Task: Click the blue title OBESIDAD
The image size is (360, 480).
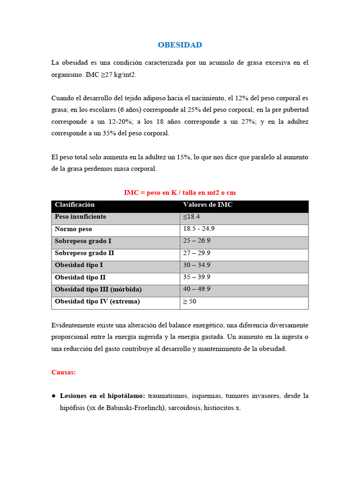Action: [180, 45]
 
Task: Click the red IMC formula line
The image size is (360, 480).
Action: [180, 193]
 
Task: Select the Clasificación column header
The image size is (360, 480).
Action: [75, 205]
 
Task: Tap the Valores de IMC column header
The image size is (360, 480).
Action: [208, 205]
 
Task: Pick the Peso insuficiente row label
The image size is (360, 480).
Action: [81, 217]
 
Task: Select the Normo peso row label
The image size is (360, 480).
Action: [74, 229]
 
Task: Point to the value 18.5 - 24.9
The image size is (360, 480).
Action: [199, 229]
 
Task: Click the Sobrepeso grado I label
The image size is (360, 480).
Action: [83, 241]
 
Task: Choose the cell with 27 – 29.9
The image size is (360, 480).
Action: [197, 253]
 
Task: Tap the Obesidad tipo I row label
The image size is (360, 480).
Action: [79, 265]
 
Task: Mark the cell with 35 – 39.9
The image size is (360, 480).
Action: [197, 277]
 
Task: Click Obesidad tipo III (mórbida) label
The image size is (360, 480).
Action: [98, 289]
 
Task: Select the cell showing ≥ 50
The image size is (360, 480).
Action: [190, 301]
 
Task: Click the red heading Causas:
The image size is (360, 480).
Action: [63, 372]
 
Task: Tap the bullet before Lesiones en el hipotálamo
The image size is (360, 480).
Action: [54, 396]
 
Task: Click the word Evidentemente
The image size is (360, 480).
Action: [73, 325]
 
